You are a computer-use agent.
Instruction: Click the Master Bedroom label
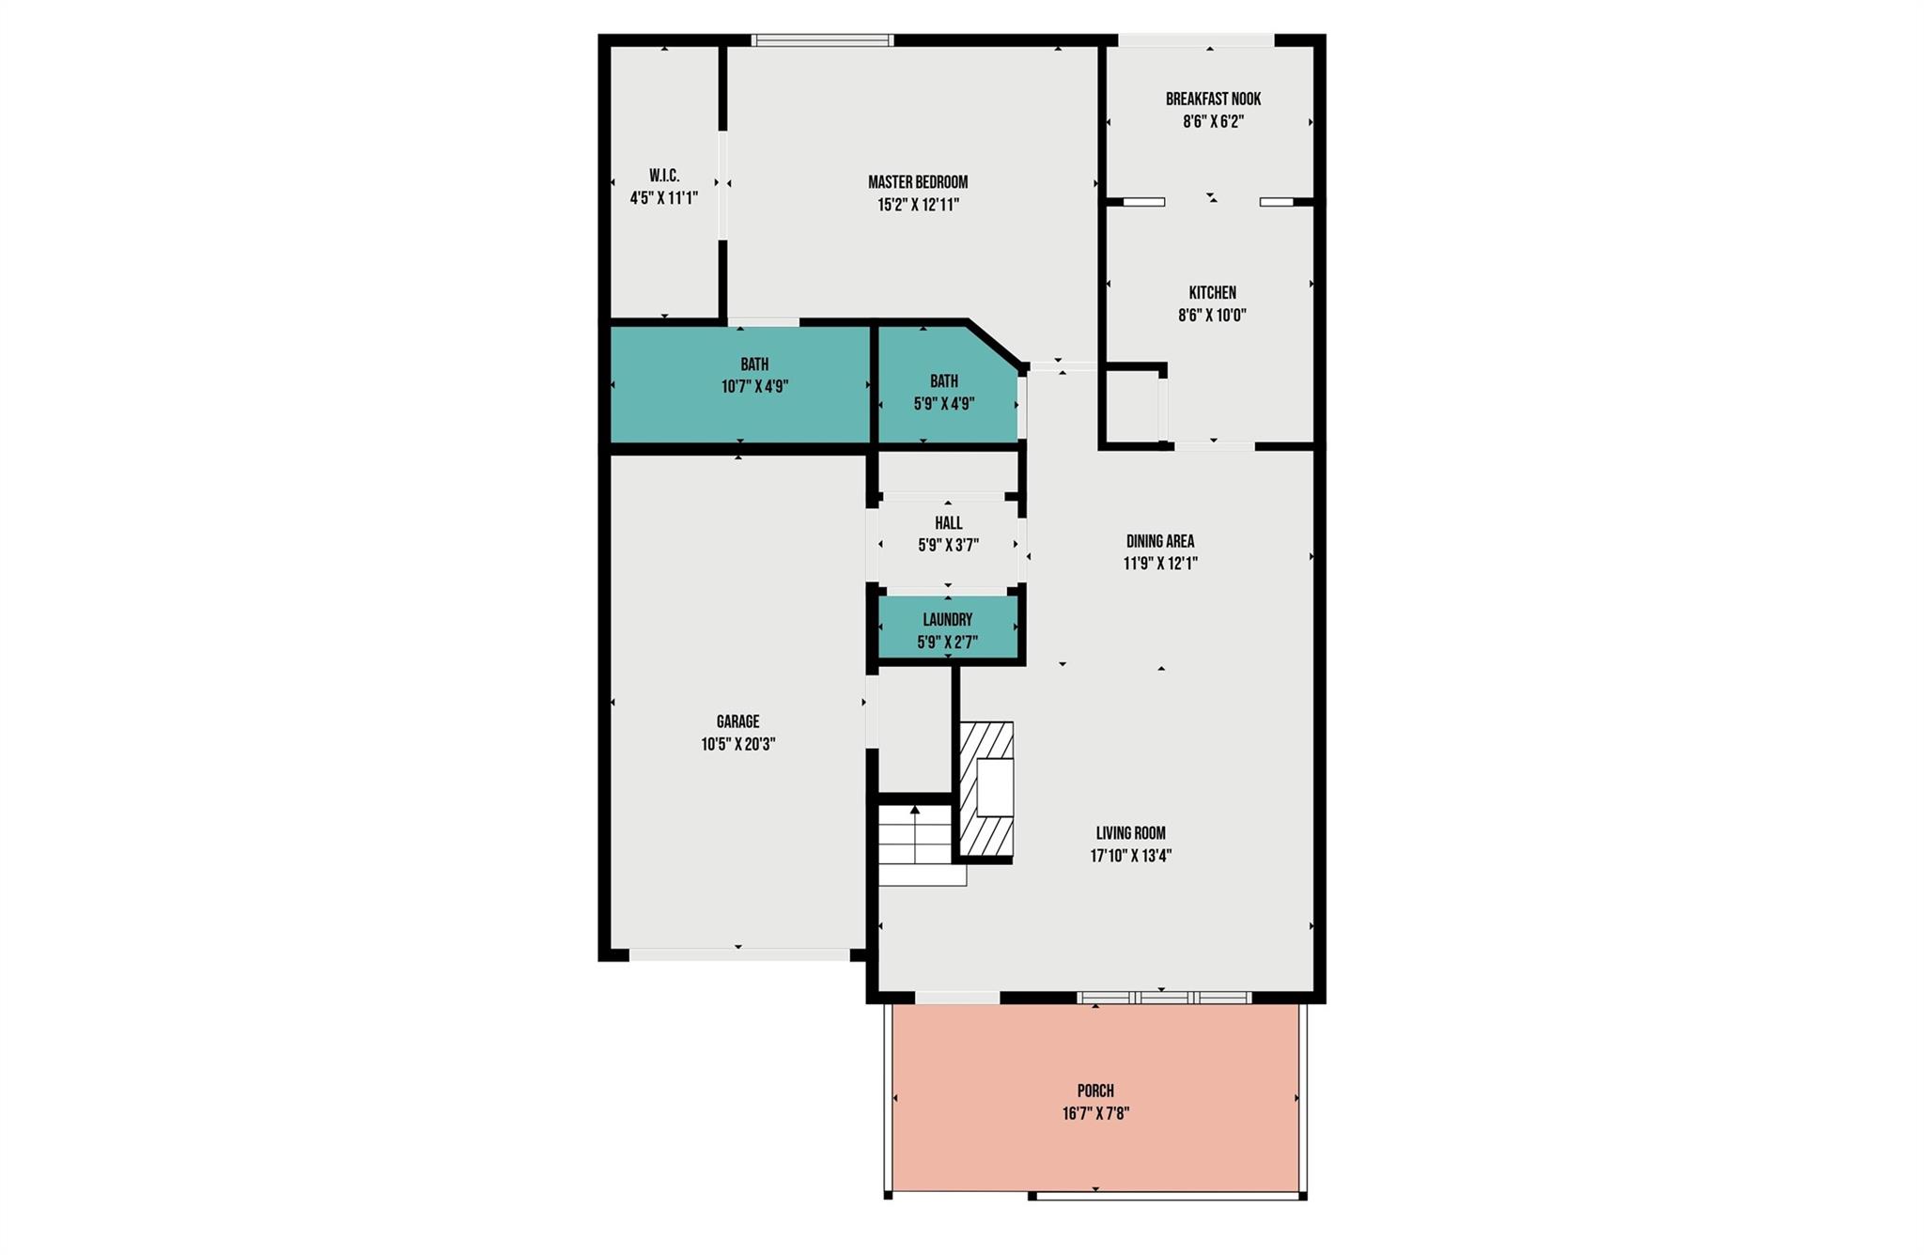[917, 182]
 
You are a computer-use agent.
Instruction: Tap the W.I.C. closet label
[664, 176]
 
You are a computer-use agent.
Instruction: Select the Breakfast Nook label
[1213, 99]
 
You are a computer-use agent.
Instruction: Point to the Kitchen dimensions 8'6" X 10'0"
[1212, 316]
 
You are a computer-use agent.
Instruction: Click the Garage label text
[737, 721]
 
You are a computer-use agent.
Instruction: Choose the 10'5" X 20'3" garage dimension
[737, 745]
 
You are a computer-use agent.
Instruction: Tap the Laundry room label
[947, 620]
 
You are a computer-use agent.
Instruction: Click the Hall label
[948, 523]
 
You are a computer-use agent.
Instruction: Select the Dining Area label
[1160, 541]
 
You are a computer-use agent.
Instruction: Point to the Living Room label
[1130, 833]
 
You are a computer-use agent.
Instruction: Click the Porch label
[1095, 1091]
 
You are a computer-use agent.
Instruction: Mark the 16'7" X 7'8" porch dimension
[1095, 1114]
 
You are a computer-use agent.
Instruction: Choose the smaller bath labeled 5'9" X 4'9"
[945, 393]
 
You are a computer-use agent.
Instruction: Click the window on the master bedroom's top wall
[822, 40]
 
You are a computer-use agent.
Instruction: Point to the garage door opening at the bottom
[739, 954]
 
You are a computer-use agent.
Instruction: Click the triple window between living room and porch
[1164, 998]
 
